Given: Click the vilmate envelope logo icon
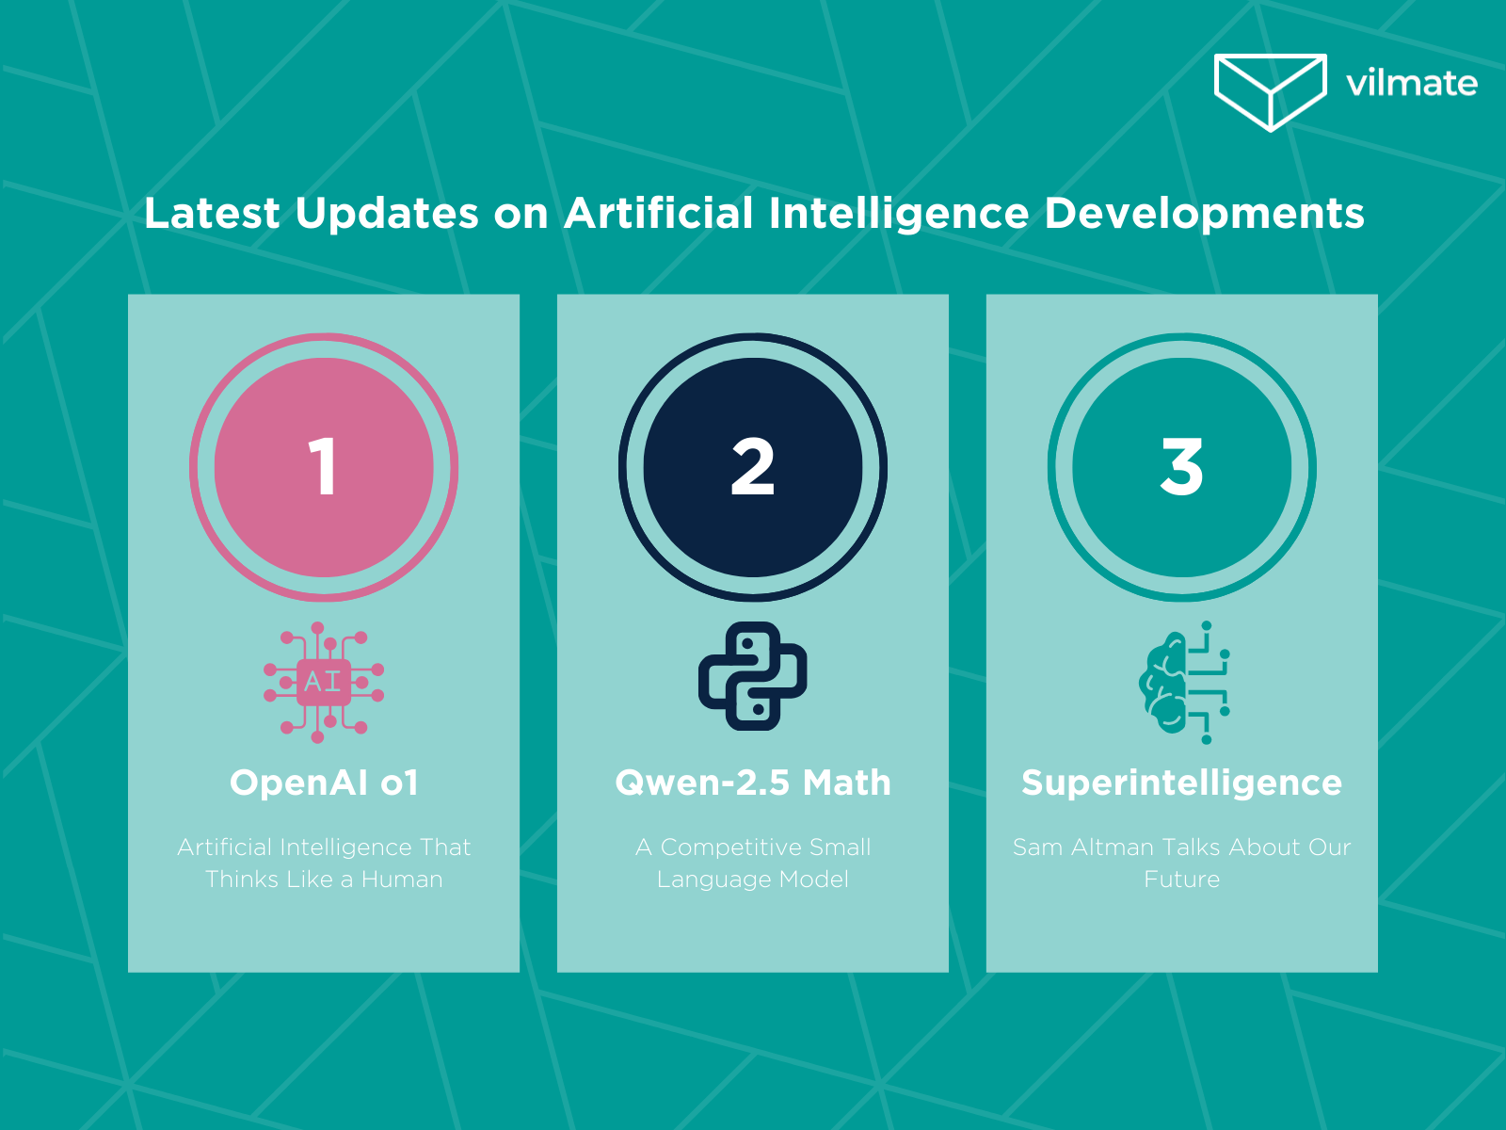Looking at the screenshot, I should coord(1270,91).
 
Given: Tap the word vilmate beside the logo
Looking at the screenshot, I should coord(1411,84).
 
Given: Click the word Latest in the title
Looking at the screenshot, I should coord(212,213).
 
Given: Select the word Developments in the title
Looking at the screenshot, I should coord(1204,213).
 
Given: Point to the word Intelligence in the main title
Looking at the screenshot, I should coord(899,213).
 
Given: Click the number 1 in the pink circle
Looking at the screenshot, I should coord(323,467).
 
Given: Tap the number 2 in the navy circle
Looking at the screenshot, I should coord(752,467).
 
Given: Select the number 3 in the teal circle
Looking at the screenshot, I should coord(1181,467).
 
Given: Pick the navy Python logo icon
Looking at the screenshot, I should coord(752,676).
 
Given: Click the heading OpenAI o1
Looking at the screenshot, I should coord(324,783).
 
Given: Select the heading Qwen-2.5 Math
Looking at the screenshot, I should coord(752,783).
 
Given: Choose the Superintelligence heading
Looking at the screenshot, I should coord(1181,783).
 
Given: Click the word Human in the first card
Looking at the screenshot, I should coord(402,880).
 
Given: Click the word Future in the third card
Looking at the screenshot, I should coord(1181,880).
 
